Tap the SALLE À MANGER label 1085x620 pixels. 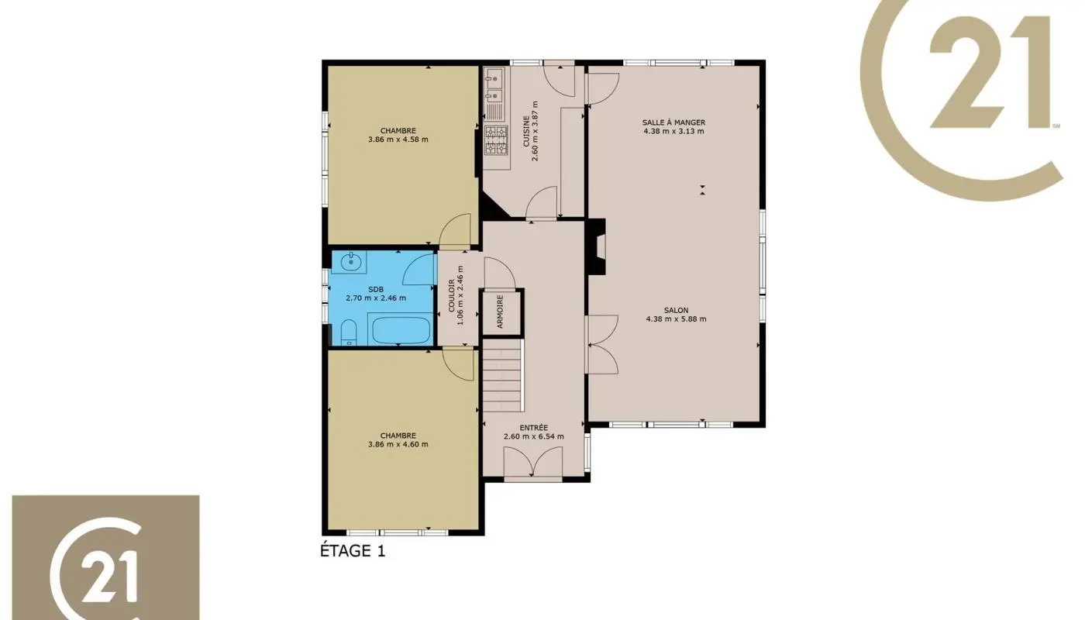(x=673, y=122)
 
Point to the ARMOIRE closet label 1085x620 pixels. (x=501, y=312)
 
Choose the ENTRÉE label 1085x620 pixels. (x=533, y=427)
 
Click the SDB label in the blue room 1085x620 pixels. (x=375, y=289)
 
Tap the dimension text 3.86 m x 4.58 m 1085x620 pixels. (x=398, y=139)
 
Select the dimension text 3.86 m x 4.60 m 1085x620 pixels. (x=398, y=445)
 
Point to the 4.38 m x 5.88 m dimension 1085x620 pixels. (x=676, y=319)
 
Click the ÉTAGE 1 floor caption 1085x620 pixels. (x=353, y=551)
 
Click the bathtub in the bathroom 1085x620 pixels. (x=401, y=329)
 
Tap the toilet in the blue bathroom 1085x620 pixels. (x=348, y=332)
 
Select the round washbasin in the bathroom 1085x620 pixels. (x=350, y=261)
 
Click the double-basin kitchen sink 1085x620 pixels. (x=494, y=87)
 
